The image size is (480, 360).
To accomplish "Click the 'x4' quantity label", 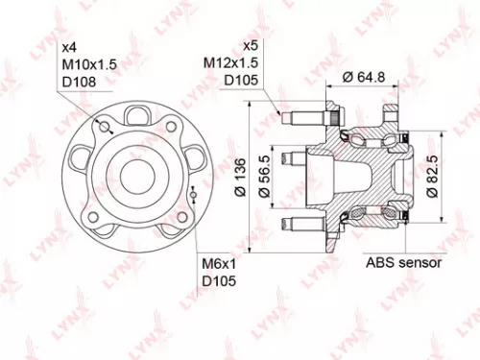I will pos(69,47).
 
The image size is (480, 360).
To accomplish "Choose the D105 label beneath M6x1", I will pos(218,281).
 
